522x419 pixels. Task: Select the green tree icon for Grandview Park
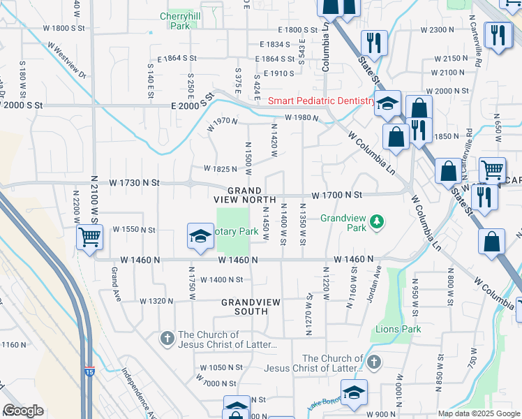point(378,222)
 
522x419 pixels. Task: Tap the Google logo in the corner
point(24,411)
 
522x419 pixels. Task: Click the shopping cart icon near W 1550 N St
point(89,237)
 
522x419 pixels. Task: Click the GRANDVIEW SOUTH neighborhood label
point(245,307)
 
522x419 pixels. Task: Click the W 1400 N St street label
point(221,279)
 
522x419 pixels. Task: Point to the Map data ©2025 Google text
point(479,413)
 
